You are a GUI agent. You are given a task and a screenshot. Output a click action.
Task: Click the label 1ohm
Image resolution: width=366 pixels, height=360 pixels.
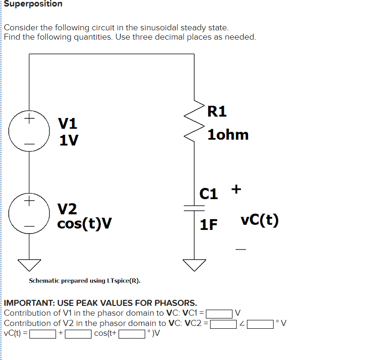[228, 135]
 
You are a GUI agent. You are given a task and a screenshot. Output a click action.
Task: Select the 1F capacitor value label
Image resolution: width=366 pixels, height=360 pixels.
[209, 225]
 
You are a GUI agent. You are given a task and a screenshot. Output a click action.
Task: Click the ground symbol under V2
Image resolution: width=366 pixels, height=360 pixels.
[30, 264]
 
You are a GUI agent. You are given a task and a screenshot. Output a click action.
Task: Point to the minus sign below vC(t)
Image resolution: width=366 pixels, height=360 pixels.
[240, 250]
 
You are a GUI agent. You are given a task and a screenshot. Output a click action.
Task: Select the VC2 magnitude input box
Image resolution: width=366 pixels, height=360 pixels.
[223, 323]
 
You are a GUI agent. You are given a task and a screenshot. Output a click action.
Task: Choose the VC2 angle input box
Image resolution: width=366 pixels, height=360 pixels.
[260, 323]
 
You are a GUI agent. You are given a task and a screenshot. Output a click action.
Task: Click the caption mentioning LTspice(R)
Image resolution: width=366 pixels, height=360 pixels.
[84, 281]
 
